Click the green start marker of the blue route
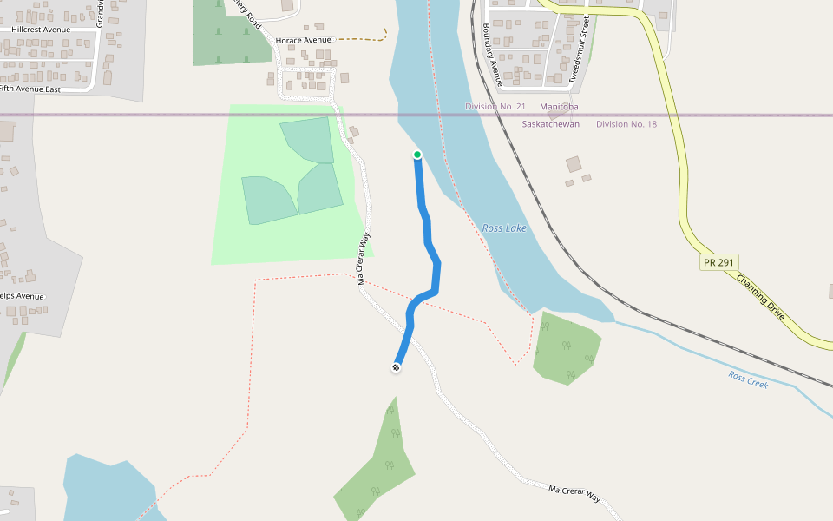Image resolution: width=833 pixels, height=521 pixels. click(x=417, y=155)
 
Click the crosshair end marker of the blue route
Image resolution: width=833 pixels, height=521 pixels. click(x=397, y=367)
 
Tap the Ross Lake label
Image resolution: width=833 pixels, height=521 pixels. click(x=504, y=228)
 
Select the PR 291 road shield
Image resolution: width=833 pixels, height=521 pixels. click(x=719, y=262)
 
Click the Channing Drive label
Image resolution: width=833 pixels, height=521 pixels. click(x=761, y=298)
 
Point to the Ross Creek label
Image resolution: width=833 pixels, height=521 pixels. click(x=748, y=379)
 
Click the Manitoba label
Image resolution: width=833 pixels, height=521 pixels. click(x=559, y=107)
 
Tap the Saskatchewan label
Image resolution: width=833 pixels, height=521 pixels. click(x=551, y=124)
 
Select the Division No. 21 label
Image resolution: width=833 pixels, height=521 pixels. click(x=495, y=107)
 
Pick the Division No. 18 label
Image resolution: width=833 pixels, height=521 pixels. click(x=626, y=124)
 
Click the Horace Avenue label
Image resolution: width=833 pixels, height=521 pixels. click(x=303, y=40)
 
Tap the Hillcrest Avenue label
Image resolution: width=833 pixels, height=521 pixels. click(x=41, y=30)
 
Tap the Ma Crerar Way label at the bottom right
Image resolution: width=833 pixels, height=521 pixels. click(x=574, y=494)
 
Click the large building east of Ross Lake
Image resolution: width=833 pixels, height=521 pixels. click(x=574, y=164)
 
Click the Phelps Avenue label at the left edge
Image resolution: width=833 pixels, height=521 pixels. click(x=22, y=296)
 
